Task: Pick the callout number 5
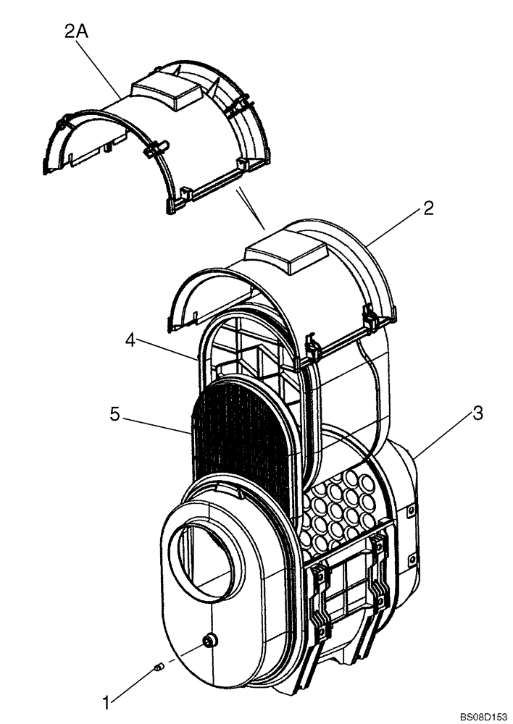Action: point(114,415)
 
